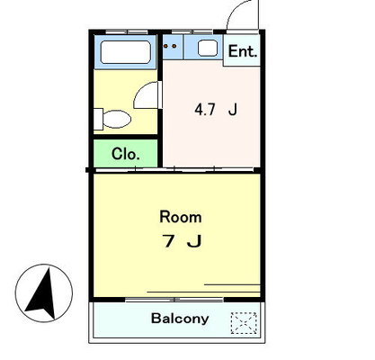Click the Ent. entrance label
point(243,51)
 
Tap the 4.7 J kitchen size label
point(216,110)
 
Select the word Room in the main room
point(181,217)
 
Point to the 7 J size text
point(182,241)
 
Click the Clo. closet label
point(126,154)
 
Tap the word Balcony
point(180,319)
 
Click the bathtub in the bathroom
point(126,52)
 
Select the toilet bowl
point(117,119)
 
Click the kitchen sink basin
point(208,49)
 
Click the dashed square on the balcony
point(244,323)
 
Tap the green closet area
point(126,153)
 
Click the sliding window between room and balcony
point(174,300)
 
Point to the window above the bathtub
point(127,31)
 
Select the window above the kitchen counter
point(192,31)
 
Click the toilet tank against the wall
point(98,119)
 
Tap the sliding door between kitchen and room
point(174,170)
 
